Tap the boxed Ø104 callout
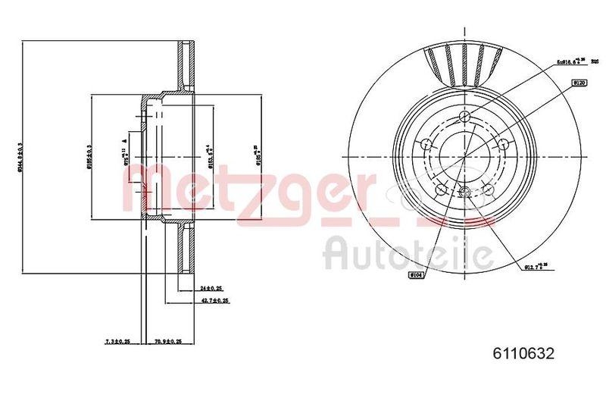(x=417, y=274)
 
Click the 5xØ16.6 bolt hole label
(x=575, y=61)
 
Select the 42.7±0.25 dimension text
(x=214, y=301)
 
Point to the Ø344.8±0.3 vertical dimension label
(x=21, y=158)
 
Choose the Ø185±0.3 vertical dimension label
(x=89, y=158)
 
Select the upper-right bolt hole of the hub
(x=501, y=144)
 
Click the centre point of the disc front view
(x=463, y=158)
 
